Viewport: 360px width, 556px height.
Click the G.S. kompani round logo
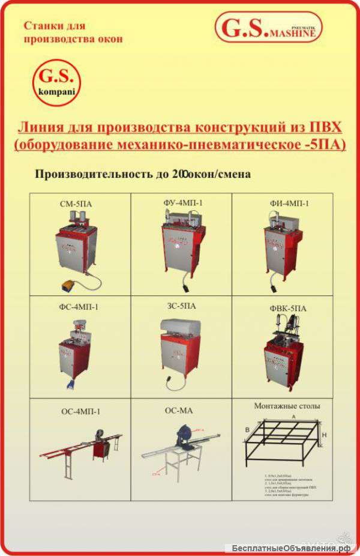[55, 83]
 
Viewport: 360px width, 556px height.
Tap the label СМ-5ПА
[76, 204]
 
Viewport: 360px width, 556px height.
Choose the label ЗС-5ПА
[181, 306]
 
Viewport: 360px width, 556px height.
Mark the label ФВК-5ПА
[289, 308]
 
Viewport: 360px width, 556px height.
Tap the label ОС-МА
[178, 411]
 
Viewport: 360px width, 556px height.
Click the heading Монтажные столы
[287, 406]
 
